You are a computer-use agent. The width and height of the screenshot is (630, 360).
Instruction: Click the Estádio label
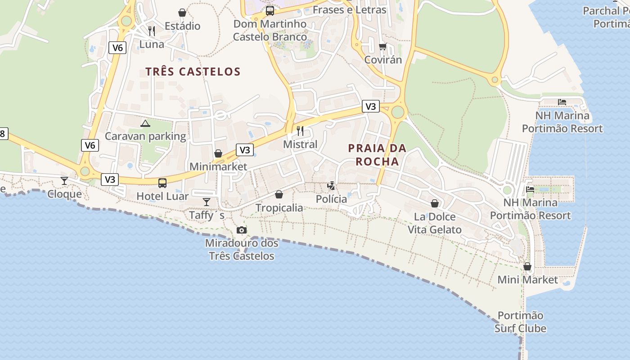(182, 26)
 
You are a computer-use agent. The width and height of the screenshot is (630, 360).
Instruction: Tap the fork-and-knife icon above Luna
(152, 31)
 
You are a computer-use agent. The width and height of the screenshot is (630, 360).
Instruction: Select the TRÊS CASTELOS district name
(193, 72)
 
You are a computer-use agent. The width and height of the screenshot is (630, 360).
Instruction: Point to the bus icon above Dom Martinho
(270, 11)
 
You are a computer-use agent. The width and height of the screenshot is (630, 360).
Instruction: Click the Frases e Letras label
(349, 10)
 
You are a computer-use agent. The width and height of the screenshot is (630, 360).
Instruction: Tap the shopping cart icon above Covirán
(383, 46)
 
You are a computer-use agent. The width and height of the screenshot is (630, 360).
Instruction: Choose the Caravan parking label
(145, 136)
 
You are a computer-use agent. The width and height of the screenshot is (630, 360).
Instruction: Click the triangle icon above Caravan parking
(145, 123)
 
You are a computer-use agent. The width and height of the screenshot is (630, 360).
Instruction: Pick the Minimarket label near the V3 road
(218, 166)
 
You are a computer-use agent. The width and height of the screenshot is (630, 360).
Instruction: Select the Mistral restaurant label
(300, 144)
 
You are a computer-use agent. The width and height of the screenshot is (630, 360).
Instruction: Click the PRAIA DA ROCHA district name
(377, 154)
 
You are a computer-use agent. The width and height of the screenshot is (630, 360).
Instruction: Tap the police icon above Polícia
(331, 185)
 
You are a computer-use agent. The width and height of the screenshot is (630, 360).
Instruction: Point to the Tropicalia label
(279, 207)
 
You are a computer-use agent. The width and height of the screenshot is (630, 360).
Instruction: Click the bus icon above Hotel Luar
(162, 183)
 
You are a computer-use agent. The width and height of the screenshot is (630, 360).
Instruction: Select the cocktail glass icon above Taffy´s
(207, 202)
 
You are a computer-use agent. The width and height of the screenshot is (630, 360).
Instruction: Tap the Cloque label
(65, 194)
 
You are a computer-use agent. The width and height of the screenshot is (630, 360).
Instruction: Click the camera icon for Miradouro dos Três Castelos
(242, 230)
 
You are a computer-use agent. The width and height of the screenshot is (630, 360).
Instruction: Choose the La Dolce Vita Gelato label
(434, 223)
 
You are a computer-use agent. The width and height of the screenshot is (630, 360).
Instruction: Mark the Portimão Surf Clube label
(521, 322)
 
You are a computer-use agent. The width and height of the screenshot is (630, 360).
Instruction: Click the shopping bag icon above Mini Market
(527, 267)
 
